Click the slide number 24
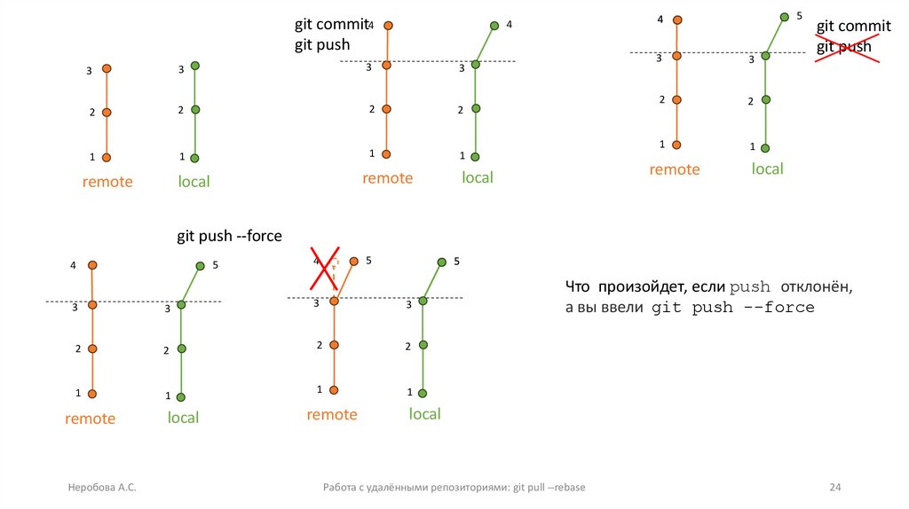click(x=834, y=488)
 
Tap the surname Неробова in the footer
click(x=91, y=488)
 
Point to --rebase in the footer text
click(x=566, y=488)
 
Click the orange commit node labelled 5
click(x=354, y=261)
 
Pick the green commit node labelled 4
click(x=494, y=25)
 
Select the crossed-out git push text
click(x=843, y=47)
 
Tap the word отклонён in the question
click(x=817, y=287)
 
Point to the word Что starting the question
click(x=578, y=287)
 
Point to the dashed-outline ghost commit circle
click(x=334, y=264)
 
